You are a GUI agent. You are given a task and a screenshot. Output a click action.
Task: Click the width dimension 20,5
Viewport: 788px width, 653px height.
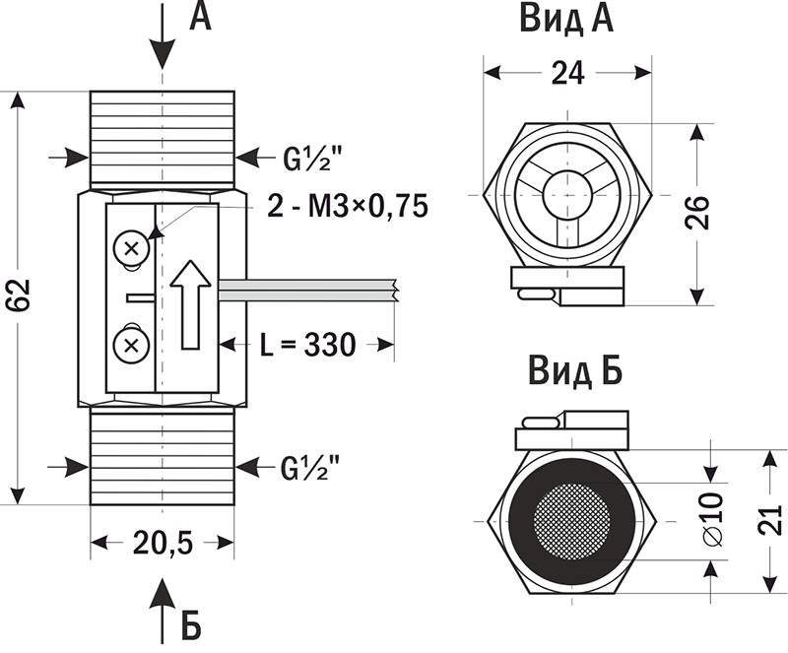point(164,542)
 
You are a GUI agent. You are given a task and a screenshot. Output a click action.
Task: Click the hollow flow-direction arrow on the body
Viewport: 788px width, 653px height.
point(191,303)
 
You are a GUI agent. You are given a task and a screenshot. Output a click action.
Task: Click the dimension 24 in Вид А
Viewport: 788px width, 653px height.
point(566,74)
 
